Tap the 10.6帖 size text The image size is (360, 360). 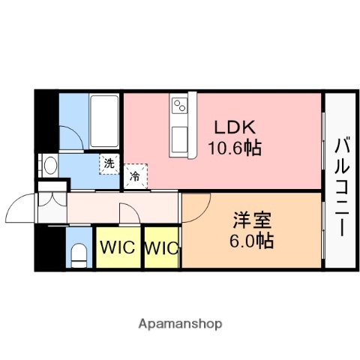coord(235,148)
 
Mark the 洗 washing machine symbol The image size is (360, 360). coord(110,163)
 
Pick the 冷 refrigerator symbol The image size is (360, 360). coord(135,177)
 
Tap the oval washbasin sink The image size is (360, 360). coord(49,165)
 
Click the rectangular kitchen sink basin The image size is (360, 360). coord(180,139)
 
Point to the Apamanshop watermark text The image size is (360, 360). coord(179,324)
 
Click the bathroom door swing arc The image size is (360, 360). coord(72,135)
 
